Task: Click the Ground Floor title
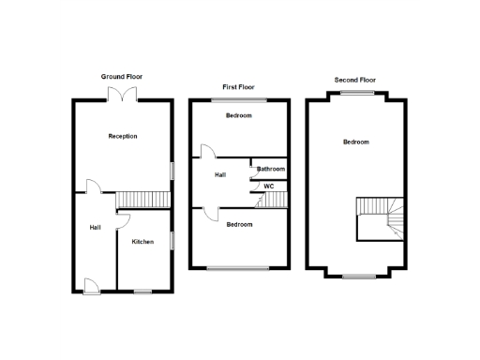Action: (122, 76)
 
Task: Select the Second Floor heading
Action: (355, 79)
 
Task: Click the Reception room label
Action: (123, 136)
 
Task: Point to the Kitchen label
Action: (142, 242)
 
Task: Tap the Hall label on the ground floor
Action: (95, 227)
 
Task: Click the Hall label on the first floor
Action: (220, 174)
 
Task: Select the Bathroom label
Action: (271, 169)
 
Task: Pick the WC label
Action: (268, 187)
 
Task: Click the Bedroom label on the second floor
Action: (355, 142)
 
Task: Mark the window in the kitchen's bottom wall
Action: (142, 291)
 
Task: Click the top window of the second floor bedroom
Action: (355, 93)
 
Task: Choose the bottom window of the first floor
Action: (238, 269)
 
